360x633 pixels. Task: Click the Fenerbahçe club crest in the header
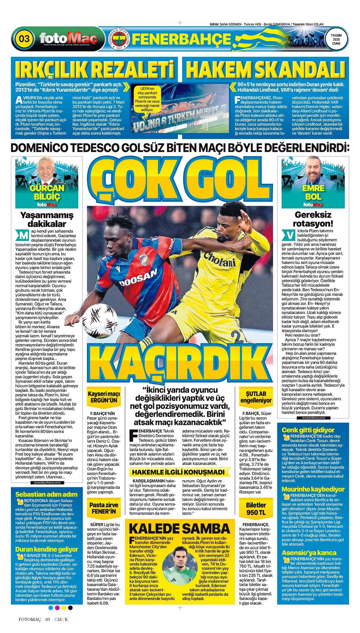click(120, 39)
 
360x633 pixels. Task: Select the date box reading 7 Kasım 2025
click(336, 39)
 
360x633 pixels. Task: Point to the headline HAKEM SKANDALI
click(265, 70)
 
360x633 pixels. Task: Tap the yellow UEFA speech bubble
click(148, 99)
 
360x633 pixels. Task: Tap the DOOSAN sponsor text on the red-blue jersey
click(138, 277)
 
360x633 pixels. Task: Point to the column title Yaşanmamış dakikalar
click(47, 219)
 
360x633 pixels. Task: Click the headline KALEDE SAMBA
click(179, 529)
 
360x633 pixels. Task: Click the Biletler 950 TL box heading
click(256, 509)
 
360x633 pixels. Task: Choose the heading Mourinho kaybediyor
click(313, 489)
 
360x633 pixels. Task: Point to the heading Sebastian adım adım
click(46, 494)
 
